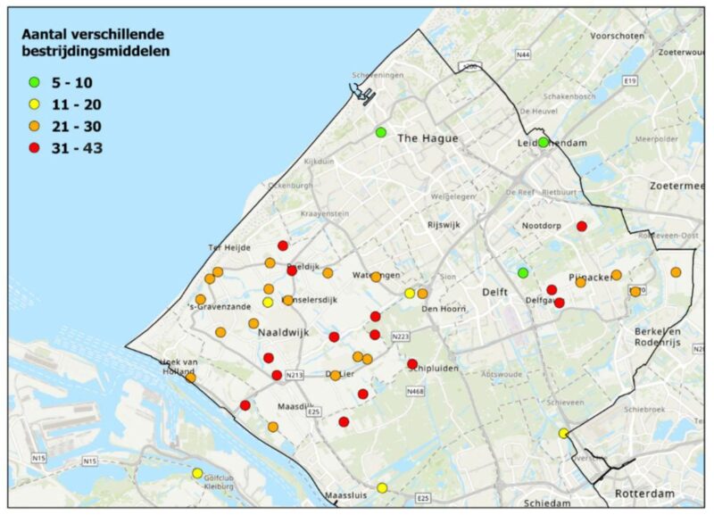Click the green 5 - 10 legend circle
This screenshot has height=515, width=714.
click(35, 82)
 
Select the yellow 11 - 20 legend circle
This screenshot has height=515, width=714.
click(35, 104)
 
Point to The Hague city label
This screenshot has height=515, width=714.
click(428, 138)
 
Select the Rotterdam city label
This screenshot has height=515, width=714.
click(644, 494)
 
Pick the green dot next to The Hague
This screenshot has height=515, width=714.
click(381, 132)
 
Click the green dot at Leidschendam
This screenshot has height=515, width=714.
click(543, 142)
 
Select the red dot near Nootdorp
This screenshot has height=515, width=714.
click(582, 227)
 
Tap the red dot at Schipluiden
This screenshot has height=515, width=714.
click(412, 363)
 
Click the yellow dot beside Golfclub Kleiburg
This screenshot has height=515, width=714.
click(197, 473)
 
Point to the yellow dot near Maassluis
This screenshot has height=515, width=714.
click(382, 487)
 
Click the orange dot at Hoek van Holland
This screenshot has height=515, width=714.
click(190, 378)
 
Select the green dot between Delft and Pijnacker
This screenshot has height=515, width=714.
click(523, 272)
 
